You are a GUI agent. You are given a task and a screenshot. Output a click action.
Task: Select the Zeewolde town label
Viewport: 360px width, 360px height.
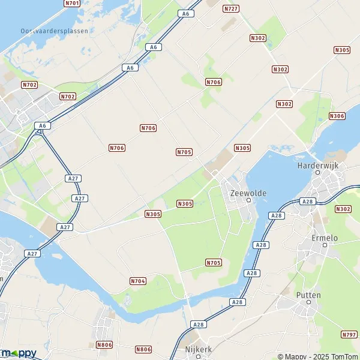click(248, 193)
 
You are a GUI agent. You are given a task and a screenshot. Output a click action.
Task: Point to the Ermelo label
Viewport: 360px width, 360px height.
click(325, 238)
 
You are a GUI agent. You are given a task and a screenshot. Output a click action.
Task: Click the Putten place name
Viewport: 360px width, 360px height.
click(308, 295)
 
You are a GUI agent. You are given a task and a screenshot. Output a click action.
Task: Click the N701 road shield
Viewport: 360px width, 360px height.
click(71, 3)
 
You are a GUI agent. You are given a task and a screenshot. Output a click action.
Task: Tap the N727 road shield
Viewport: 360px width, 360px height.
click(230, 8)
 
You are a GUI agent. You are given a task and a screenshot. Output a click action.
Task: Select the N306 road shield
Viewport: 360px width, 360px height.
click(337, 116)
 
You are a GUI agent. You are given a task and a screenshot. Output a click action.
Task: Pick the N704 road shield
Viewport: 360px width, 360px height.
click(138, 281)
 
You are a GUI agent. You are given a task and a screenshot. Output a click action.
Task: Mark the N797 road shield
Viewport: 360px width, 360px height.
click(349, 334)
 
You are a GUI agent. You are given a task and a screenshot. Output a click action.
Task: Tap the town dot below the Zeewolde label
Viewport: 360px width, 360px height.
click(248, 200)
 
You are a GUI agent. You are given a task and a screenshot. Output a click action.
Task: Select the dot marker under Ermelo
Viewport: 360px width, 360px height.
click(325, 245)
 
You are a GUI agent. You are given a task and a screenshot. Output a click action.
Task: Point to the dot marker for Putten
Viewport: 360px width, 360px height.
click(308, 302)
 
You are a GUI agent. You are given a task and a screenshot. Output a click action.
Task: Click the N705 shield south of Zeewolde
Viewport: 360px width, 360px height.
click(213, 263)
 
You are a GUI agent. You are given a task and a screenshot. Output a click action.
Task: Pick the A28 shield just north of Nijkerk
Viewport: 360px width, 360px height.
click(198, 324)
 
